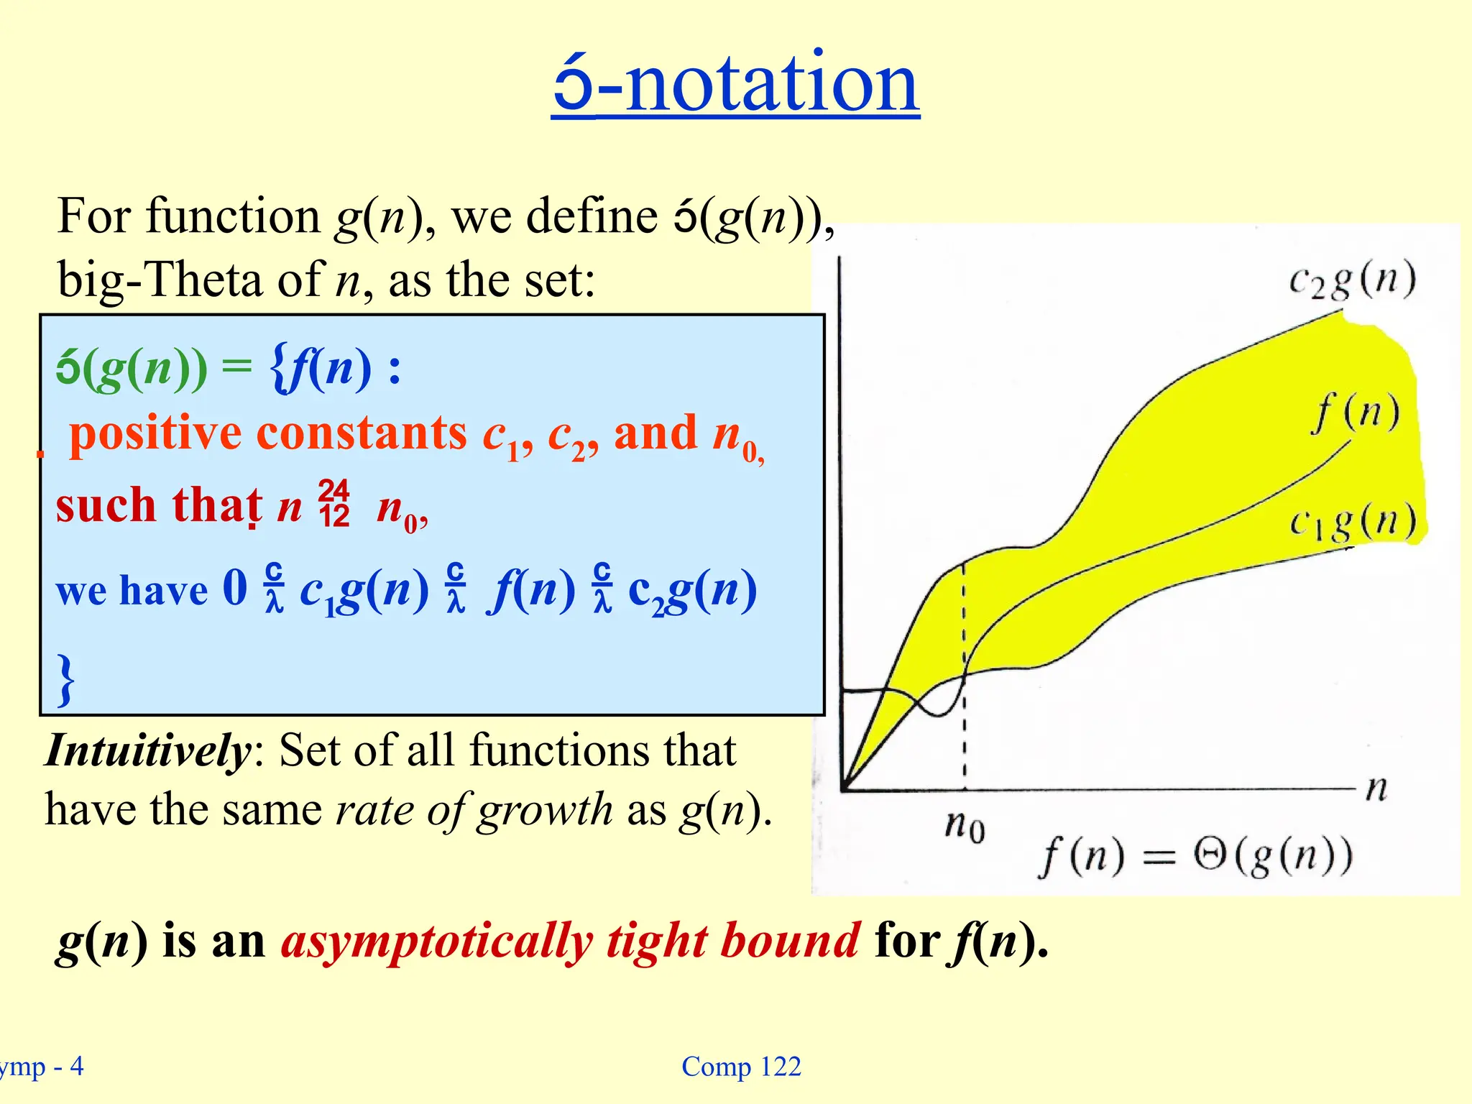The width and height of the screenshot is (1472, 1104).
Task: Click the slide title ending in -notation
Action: tap(735, 83)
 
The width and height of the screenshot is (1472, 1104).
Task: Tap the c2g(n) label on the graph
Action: tap(1352, 280)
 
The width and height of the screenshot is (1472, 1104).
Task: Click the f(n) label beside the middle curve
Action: tap(1355, 413)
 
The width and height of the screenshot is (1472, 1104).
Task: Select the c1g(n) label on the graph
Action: tap(1352, 522)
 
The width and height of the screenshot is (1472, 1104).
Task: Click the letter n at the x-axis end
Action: tap(1376, 788)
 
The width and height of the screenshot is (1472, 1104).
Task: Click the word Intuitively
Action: tap(147, 751)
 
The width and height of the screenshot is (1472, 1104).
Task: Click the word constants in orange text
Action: tap(362, 433)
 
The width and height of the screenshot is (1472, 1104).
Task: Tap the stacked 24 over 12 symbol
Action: tap(334, 504)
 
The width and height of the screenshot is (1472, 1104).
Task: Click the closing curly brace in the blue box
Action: tap(66, 678)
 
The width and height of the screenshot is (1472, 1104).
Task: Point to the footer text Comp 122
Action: tap(741, 1067)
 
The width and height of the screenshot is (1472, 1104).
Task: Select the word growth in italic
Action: tap(545, 811)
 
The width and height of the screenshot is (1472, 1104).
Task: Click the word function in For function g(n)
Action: tap(233, 216)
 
